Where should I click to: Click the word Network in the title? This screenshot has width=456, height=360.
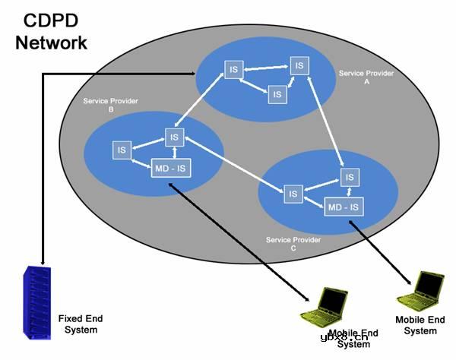click(52, 42)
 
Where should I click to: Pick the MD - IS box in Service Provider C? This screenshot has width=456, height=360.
click(343, 207)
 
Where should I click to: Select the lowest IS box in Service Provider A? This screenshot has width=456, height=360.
click(277, 94)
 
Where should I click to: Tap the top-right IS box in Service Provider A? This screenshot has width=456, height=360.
click(299, 66)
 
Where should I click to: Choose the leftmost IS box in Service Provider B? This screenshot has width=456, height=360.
click(121, 150)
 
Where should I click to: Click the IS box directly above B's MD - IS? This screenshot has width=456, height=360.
click(175, 137)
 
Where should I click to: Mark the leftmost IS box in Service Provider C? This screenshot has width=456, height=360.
click(293, 194)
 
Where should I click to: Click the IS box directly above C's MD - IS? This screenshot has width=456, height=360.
click(349, 177)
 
